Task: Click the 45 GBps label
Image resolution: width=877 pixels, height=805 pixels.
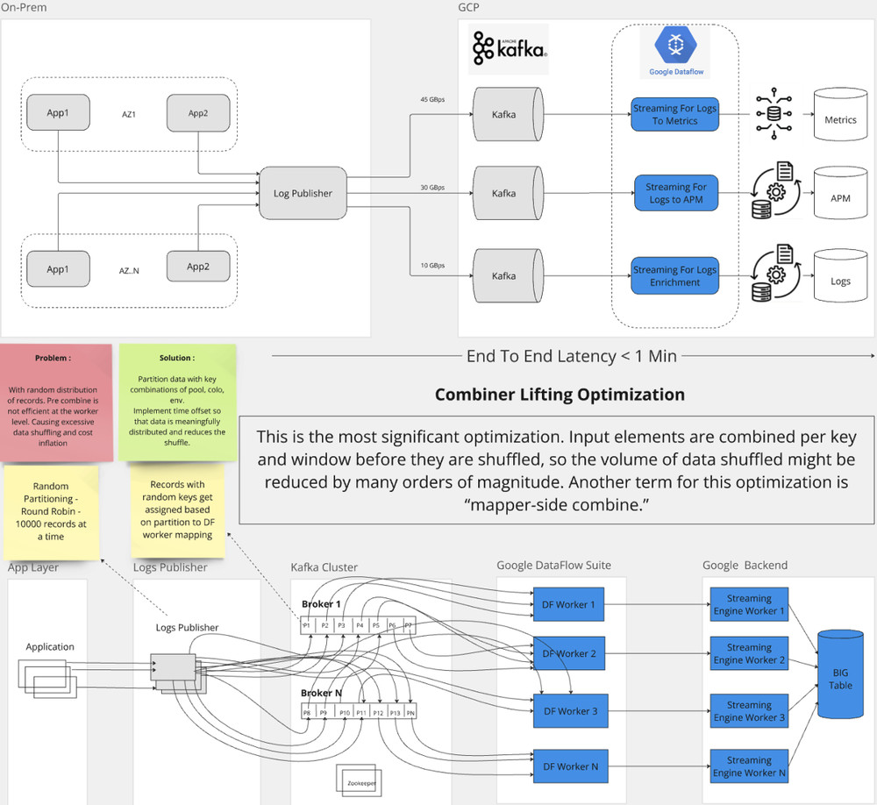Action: coord(431,100)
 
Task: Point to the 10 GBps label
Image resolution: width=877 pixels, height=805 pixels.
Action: coord(431,265)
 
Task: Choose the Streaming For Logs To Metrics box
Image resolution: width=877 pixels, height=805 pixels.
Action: coord(674,115)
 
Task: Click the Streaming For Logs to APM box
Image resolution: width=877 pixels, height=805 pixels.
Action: coord(675,193)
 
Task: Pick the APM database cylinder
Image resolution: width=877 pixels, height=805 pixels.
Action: coord(839,197)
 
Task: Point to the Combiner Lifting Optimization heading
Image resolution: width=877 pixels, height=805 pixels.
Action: coord(560,395)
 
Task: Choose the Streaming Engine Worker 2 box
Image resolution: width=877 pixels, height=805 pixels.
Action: coord(749,653)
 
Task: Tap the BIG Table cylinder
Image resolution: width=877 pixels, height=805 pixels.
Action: coord(840,680)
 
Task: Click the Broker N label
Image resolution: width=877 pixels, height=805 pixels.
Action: coord(322,693)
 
